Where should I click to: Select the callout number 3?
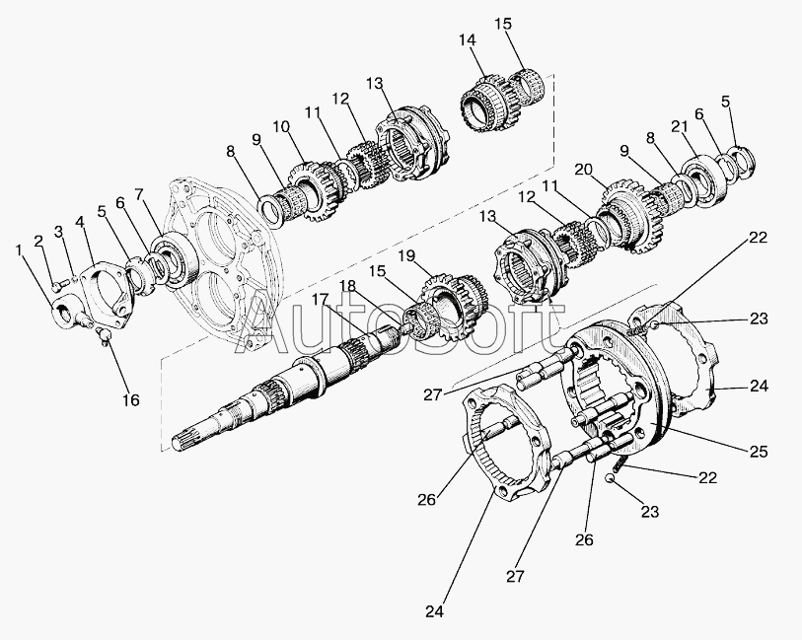59,233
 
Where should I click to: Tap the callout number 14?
467,39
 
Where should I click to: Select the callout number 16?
130,400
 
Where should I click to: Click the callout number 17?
322,300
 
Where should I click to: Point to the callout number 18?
346,286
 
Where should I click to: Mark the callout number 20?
583,170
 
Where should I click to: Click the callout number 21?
678,127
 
